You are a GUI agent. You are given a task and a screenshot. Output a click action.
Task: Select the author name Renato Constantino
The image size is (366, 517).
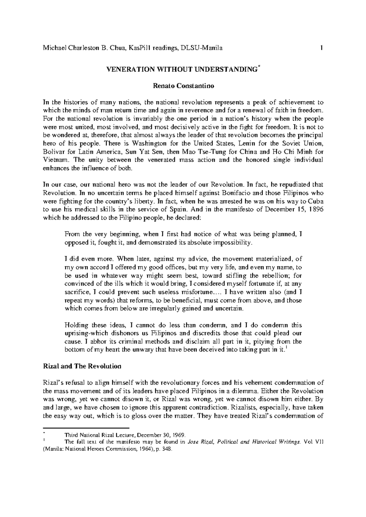[183, 86]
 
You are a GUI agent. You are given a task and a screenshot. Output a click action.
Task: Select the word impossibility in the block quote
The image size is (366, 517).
[232, 243]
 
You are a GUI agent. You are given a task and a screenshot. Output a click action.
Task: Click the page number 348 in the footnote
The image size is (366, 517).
[167, 449]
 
